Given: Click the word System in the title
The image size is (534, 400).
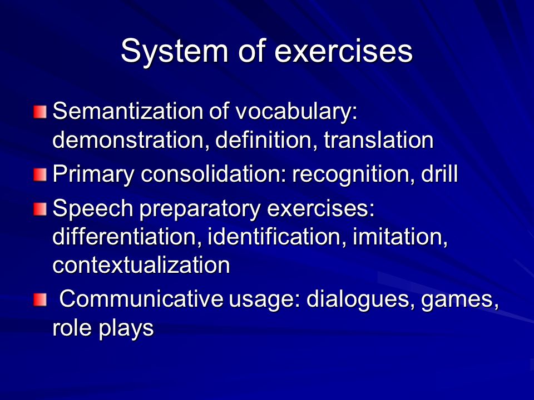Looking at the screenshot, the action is click(x=174, y=51).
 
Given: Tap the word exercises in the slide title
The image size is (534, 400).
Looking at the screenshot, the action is click(x=343, y=51).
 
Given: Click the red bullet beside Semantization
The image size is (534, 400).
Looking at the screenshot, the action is click(x=40, y=112).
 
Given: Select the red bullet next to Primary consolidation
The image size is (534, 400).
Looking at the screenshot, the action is click(x=40, y=175).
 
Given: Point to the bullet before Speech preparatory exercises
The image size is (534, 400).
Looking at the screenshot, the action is click(x=40, y=209).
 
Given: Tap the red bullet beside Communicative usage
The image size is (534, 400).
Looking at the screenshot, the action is click(x=40, y=300).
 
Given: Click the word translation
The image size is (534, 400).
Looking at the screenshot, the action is click(x=378, y=140).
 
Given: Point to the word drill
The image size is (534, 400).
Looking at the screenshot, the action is click(x=439, y=174).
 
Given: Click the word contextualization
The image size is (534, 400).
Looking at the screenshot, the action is click(x=141, y=266).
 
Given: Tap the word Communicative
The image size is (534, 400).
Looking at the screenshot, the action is click(x=141, y=299).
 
